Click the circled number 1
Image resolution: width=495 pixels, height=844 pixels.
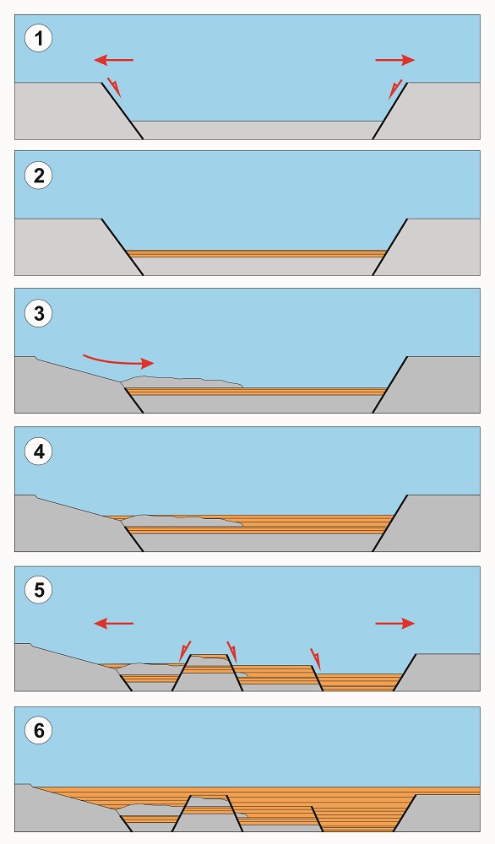[x=39, y=39]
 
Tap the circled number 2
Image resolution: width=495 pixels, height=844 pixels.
[x=39, y=176]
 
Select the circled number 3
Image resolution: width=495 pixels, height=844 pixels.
[x=39, y=313]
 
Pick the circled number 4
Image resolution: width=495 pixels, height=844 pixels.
[x=39, y=451]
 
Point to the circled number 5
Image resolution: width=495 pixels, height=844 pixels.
[x=39, y=590]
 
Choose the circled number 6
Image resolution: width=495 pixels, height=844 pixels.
[x=39, y=730]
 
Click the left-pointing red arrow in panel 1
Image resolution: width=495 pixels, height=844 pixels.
[x=114, y=60]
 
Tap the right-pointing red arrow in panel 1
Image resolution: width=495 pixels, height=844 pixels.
[x=395, y=60]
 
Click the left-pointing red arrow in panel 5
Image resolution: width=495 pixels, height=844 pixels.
[x=114, y=624]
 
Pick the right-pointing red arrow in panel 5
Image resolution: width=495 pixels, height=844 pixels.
[x=395, y=624]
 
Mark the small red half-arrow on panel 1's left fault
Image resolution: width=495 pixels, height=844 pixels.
[x=114, y=88]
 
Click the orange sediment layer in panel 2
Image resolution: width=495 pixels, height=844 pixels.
[x=257, y=253]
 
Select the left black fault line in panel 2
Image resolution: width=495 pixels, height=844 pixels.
[x=122, y=247]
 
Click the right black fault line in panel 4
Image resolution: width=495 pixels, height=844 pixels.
[x=390, y=523]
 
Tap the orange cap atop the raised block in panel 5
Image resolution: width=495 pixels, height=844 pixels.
[x=210, y=656]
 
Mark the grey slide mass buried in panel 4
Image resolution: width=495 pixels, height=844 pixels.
[x=181, y=521]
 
